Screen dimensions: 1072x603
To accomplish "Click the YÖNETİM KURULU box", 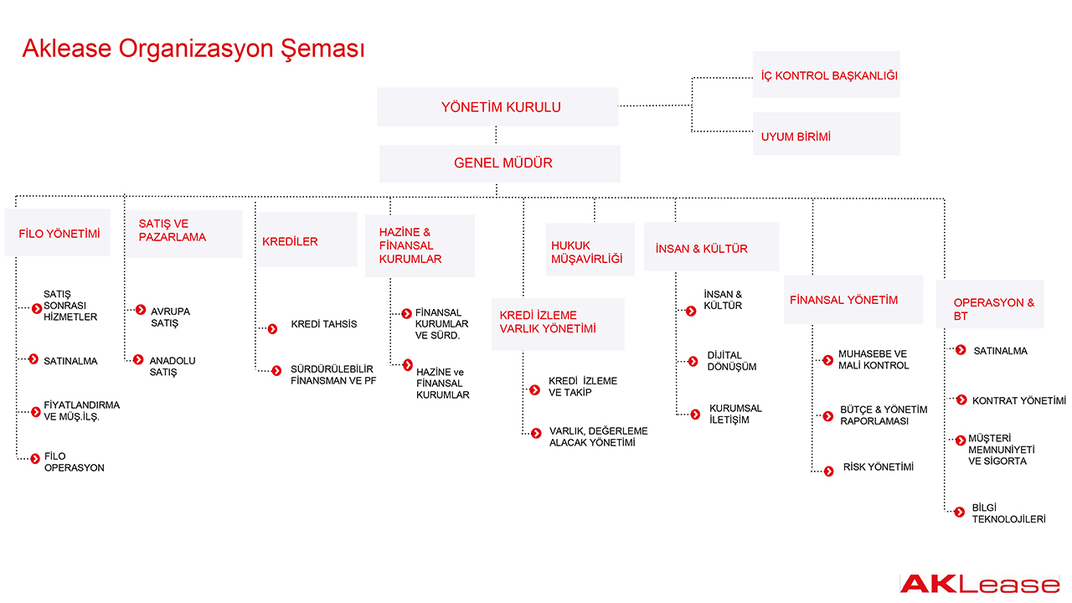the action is pyautogui.click(x=497, y=106).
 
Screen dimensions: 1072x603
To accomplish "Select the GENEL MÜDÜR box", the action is pyautogui.click(x=500, y=163).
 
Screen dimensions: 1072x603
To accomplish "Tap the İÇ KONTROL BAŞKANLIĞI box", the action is pyautogui.click(x=826, y=75).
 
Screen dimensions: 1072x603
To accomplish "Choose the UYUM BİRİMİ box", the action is pyautogui.click(x=826, y=134).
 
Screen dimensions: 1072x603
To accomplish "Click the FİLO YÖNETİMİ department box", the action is pyautogui.click(x=58, y=233).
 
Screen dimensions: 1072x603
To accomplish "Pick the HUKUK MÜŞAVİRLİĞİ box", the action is pyautogui.click(x=590, y=250).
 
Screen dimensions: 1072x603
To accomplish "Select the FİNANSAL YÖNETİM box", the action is pyautogui.click(x=853, y=300).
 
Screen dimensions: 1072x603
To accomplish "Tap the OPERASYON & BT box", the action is pyautogui.click(x=990, y=304).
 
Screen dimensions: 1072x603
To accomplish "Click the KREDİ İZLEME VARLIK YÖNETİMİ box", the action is pyautogui.click(x=558, y=324).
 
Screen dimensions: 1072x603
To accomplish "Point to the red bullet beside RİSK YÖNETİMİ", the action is pyautogui.click(x=829, y=472).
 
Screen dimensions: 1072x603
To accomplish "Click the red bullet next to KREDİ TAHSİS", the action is pyautogui.click(x=272, y=329).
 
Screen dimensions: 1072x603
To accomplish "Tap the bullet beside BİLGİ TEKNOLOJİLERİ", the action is pyautogui.click(x=960, y=512).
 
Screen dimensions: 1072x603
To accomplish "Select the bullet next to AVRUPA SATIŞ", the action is pyautogui.click(x=140, y=310).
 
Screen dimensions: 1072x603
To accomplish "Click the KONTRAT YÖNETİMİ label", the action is pyautogui.click(x=1019, y=400).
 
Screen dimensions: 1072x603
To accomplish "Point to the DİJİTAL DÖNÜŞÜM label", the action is pyautogui.click(x=732, y=361).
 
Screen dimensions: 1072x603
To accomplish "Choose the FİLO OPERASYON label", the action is pyautogui.click(x=75, y=461).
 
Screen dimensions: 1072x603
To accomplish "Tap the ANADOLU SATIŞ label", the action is pyautogui.click(x=173, y=366).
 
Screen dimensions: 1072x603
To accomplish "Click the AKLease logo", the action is pyautogui.click(x=980, y=584).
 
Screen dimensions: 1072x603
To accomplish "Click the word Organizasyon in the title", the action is pyautogui.click(x=196, y=49).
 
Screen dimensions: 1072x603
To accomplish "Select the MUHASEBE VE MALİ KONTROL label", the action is pyautogui.click(x=874, y=359).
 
